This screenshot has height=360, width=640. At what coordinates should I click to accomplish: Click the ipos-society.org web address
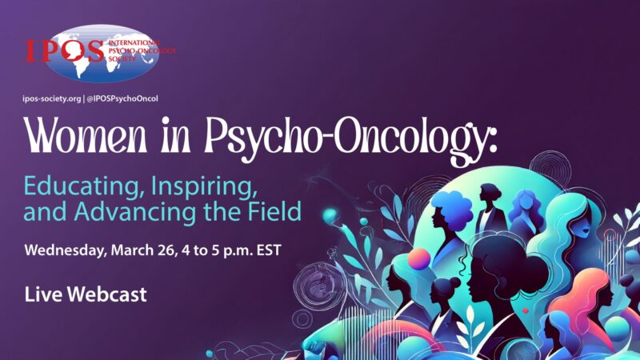pyautogui.click(x=58, y=98)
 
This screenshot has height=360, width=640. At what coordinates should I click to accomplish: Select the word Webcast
pyautogui.click(x=106, y=294)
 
